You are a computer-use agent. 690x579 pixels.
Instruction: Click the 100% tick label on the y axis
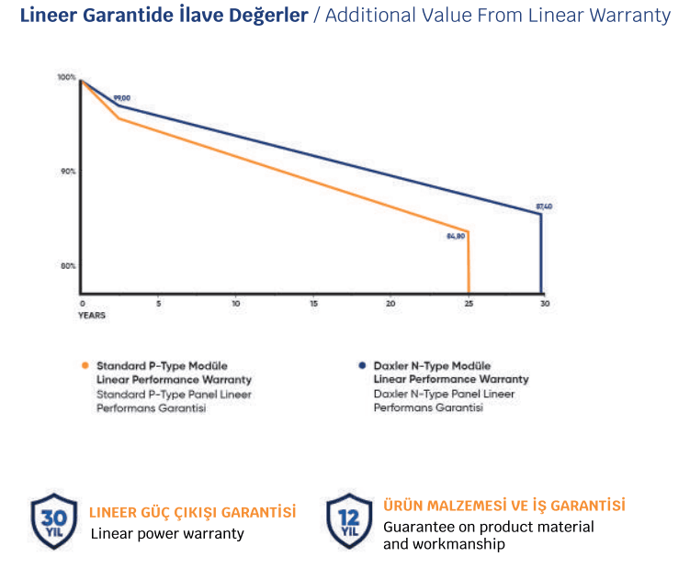click(x=66, y=77)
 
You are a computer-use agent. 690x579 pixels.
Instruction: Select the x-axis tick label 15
click(x=314, y=303)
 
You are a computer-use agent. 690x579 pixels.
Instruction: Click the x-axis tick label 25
click(x=469, y=303)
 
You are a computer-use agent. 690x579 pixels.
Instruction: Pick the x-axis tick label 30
click(x=544, y=303)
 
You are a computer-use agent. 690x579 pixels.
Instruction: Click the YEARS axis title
click(x=91, y=315)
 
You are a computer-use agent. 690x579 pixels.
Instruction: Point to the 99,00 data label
click(x=122, y=98)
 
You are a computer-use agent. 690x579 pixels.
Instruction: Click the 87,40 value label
click(x=544, y=206)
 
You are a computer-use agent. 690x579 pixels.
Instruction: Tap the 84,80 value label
click(x=457, y=236)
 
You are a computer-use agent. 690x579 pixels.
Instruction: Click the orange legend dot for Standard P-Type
click(x=85, y=364)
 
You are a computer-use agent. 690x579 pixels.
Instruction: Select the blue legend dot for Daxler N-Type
click(x=362, y=364)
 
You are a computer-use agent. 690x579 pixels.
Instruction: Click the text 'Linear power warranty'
click(x=167, y=533)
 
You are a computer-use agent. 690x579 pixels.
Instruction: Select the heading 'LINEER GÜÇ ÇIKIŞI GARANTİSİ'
click(x=192, y=511)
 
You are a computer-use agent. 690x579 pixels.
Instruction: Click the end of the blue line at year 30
click(x=541, y=214)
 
